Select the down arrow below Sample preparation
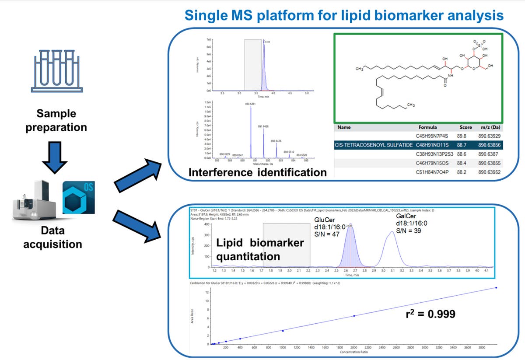coord(56,157)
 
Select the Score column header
coord(465,127)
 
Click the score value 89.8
coord(465,136)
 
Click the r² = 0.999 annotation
coord(430,314)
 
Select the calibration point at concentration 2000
coord(354,316)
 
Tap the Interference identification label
coord(257,172)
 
